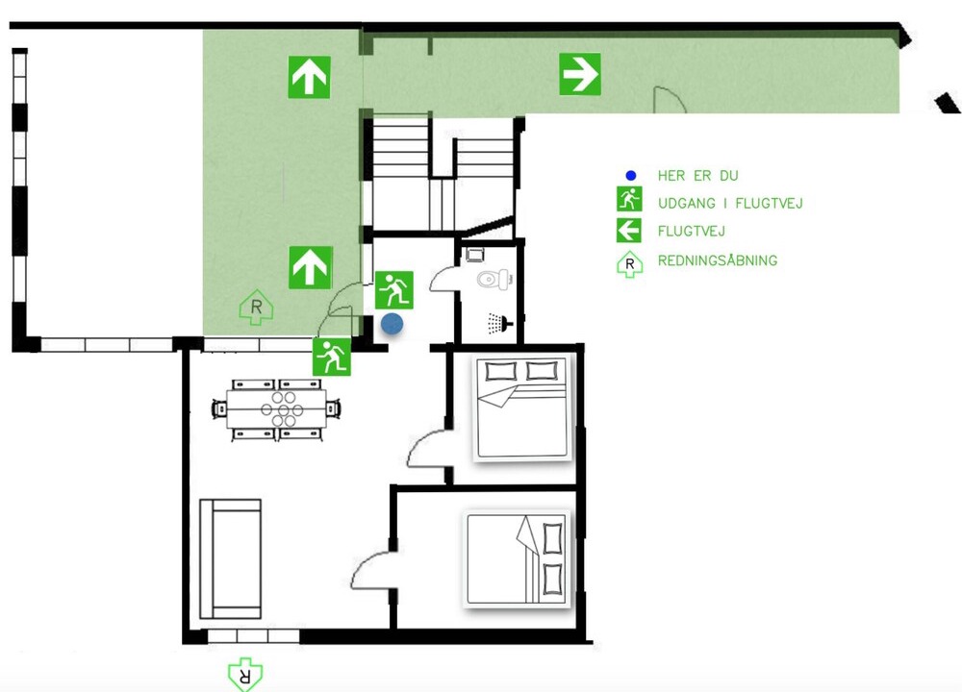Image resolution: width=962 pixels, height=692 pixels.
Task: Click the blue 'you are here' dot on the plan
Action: [392, 324]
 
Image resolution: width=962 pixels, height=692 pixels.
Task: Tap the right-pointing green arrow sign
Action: [580, 74]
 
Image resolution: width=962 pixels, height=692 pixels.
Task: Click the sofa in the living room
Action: [231, 558]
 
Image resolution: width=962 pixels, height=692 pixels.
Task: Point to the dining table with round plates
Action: [276, 408]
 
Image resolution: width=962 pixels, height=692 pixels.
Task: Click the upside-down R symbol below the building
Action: [245, 675]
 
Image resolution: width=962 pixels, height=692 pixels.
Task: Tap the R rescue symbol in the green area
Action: [257, 308]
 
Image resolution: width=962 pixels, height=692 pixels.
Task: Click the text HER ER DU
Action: [697, 176]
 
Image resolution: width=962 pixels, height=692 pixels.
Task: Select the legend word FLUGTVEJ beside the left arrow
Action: [691, 232]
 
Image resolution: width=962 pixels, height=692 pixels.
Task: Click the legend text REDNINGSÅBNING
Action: [718, 260]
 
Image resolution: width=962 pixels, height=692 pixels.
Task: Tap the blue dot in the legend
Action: [631, 176]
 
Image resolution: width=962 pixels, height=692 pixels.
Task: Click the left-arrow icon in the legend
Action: [629, 231]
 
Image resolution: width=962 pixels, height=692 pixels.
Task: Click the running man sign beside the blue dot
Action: [393, 290]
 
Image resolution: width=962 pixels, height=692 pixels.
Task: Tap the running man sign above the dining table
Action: [331, 357]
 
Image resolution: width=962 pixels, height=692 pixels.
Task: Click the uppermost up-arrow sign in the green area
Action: [309, 77]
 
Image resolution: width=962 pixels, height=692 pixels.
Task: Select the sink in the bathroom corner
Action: [474, 254]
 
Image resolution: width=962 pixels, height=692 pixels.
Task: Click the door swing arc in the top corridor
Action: [669, 99]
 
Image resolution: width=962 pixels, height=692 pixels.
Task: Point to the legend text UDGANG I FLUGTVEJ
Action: [730, 204]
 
